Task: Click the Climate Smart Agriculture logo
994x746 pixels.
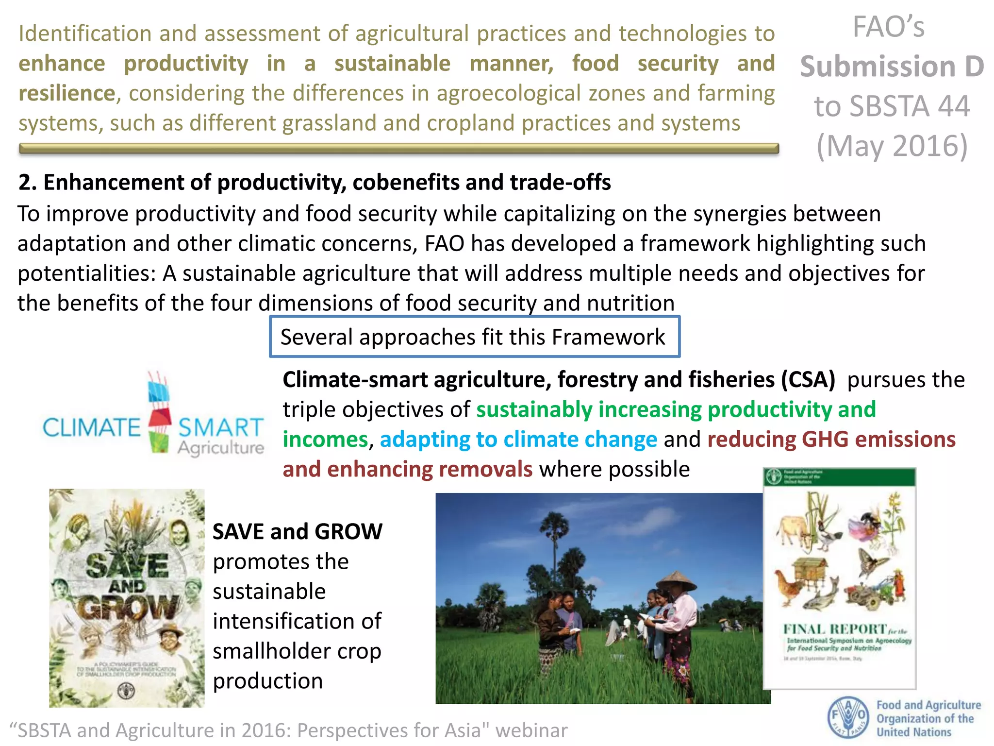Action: tap(153, 415)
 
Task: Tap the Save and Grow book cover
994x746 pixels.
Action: tap(127, 598)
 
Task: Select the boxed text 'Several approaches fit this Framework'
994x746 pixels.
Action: tap(474, 337)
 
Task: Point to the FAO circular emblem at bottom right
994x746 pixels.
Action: tap(848, 717)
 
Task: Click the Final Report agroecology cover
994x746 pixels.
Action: tap(839, 578)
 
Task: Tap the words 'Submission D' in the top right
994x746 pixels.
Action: tap(892, 67)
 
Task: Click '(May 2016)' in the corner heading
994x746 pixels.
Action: tap(892, 146)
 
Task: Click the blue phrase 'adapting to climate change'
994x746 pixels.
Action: tap(518, 440)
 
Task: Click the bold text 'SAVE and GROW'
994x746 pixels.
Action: tap(298, 531)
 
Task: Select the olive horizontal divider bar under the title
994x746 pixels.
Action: tap(398, 149)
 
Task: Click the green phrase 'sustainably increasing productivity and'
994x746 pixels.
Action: tap(676, 409)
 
